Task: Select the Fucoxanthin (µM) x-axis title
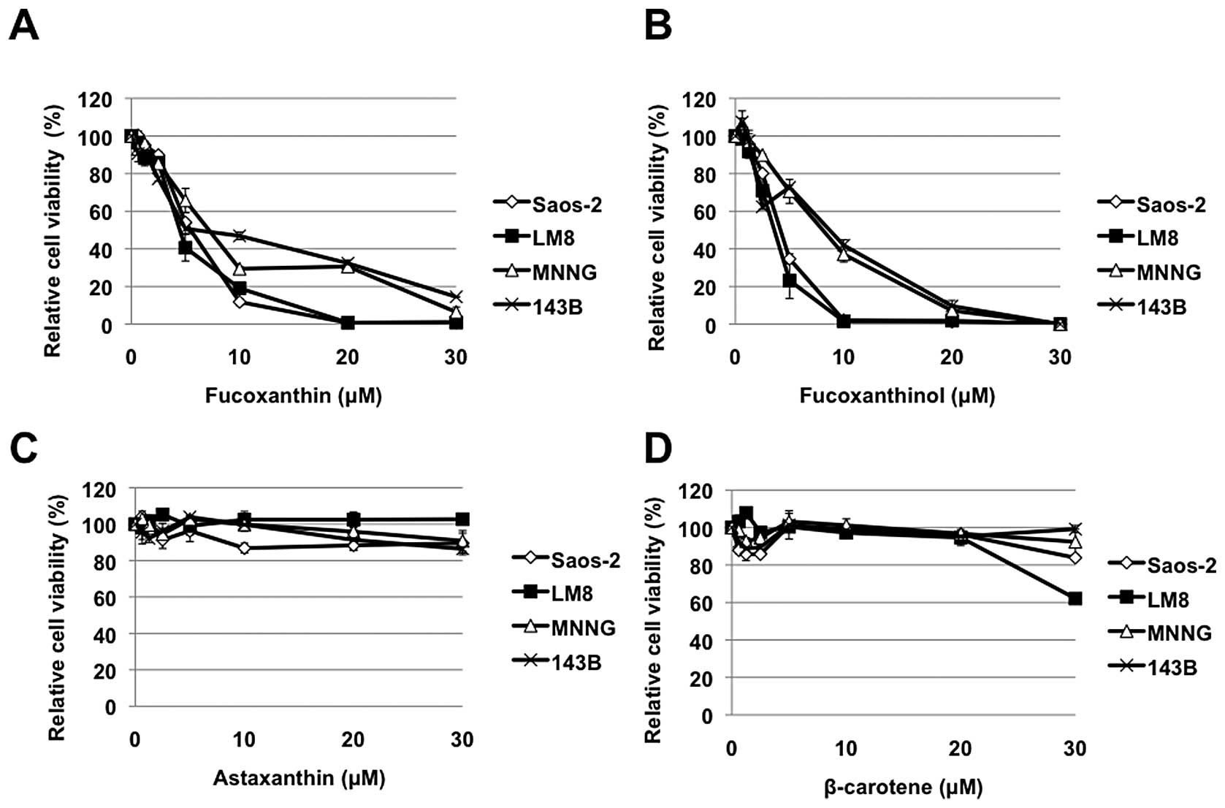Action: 293,396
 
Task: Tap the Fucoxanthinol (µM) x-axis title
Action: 897,396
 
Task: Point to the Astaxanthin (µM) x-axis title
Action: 299,778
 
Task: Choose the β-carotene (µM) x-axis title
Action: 903,788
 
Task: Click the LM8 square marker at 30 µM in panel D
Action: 1075,599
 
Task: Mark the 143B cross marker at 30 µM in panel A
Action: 456,297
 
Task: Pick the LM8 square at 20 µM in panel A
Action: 348,322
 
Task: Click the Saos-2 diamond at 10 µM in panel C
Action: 244,548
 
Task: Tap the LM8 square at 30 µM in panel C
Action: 462,519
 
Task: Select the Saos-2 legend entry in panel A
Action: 566,205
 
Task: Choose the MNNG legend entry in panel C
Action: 583,628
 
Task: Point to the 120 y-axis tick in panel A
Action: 96,99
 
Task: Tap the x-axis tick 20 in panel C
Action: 353,740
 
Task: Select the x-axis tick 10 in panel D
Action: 846,749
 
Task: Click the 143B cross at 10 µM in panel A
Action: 239,235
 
